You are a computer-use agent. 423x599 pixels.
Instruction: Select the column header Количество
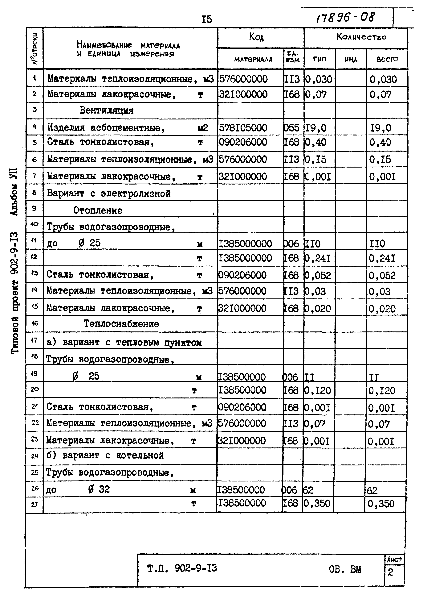coord(361,37)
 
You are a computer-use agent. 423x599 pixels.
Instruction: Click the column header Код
coord(256,37)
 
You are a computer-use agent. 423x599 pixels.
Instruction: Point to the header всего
coord(387,59)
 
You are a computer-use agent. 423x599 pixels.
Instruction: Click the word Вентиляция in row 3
coord(106,111)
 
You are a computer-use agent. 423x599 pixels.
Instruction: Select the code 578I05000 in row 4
coord(243,128)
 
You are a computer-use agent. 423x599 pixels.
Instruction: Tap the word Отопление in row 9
coord(98,210)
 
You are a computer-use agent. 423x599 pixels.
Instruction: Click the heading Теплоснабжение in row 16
coord(121,324)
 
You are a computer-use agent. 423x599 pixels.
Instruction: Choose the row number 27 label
coord(34,505)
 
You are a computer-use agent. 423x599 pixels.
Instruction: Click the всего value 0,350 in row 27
coord(381,504)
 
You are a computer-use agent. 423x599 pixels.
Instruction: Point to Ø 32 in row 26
coord(99,489)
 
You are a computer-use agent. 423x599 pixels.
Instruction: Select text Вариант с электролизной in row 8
coord(109,193)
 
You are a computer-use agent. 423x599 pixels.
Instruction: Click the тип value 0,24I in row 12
coord(318,258)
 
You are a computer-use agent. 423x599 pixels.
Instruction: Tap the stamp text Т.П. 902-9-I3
coord(182,568)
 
